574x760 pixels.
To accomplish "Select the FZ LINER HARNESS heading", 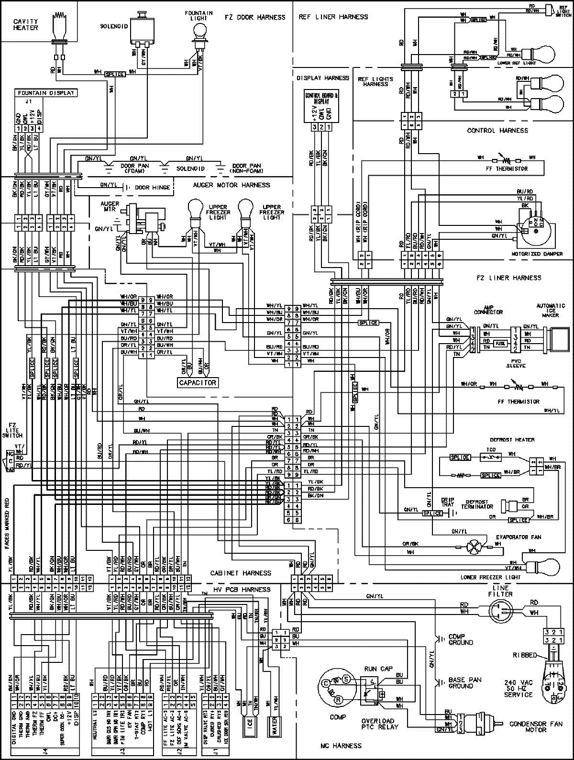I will click(508, 278).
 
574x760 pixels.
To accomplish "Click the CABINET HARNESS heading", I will click(240, 573).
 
